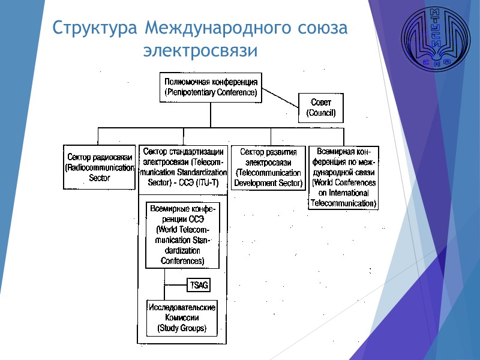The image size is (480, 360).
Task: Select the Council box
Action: (321, 107)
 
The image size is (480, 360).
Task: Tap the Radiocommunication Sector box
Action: (99, 167)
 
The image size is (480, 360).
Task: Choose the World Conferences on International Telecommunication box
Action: (344, 177)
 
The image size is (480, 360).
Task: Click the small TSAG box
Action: (199, 285)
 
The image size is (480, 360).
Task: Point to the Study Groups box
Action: (182, 317)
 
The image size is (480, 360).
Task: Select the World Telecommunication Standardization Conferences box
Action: (182, 235)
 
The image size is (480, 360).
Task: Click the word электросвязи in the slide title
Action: (200, 52)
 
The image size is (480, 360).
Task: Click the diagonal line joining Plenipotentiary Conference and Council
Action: (280, 98)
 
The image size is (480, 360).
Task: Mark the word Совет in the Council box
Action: (321, 103)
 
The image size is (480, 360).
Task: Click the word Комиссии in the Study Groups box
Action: (182, 317)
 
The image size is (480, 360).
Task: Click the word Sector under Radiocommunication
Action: (99, 178)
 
